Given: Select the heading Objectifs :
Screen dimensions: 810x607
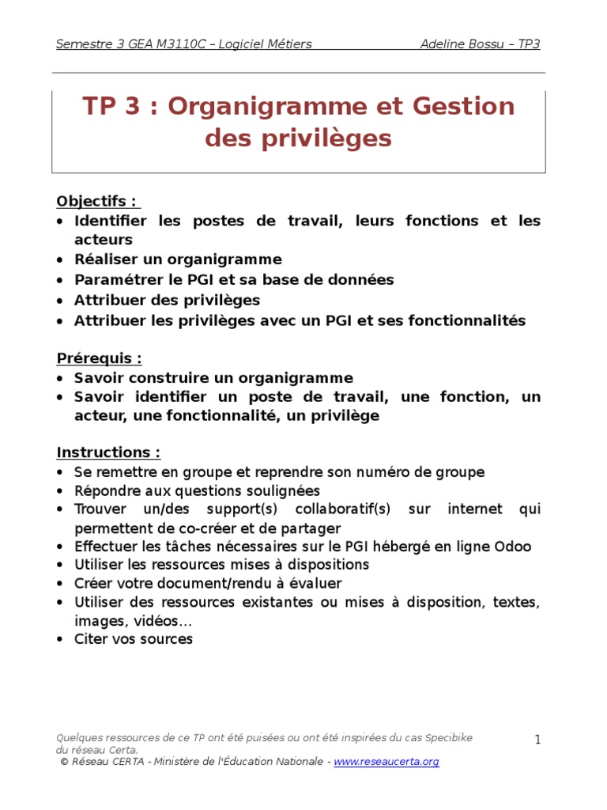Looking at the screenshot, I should pyautogui.click(x=96, y=200).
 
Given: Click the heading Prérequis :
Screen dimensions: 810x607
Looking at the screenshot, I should pyautogui.click(x=99, y=358).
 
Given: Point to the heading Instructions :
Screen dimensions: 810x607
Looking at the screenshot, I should pyautogui.click(x=108, y=452).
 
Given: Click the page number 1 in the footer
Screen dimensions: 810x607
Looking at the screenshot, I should pyautogui.click(x=537, y=740).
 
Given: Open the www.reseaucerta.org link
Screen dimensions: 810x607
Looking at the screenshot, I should pyautogui.click(x=386, y=762).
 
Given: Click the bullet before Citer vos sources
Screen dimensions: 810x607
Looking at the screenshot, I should pyautogui.click(x=61, y=640).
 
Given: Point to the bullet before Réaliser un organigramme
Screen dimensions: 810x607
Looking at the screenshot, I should pyautogui.click(x=61, y=260).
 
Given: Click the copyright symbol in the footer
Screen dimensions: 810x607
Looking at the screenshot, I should pyautogui.click(x=64, y=762).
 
